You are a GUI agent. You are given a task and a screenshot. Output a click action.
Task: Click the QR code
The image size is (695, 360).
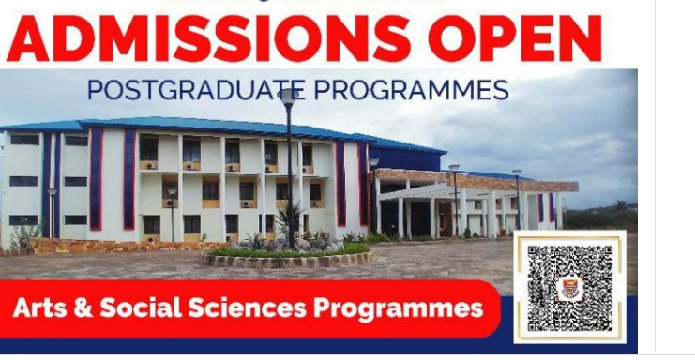tap(567, 287)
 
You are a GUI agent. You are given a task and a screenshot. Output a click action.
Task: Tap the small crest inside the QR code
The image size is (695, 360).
tap(568, 288)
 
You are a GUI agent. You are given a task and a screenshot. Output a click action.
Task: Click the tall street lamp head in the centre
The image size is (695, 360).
tap(288, 96)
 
